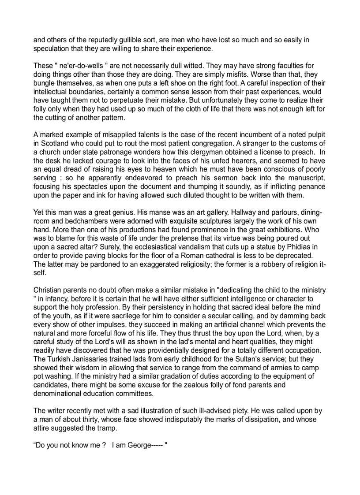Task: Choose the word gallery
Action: click(218, 212)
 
